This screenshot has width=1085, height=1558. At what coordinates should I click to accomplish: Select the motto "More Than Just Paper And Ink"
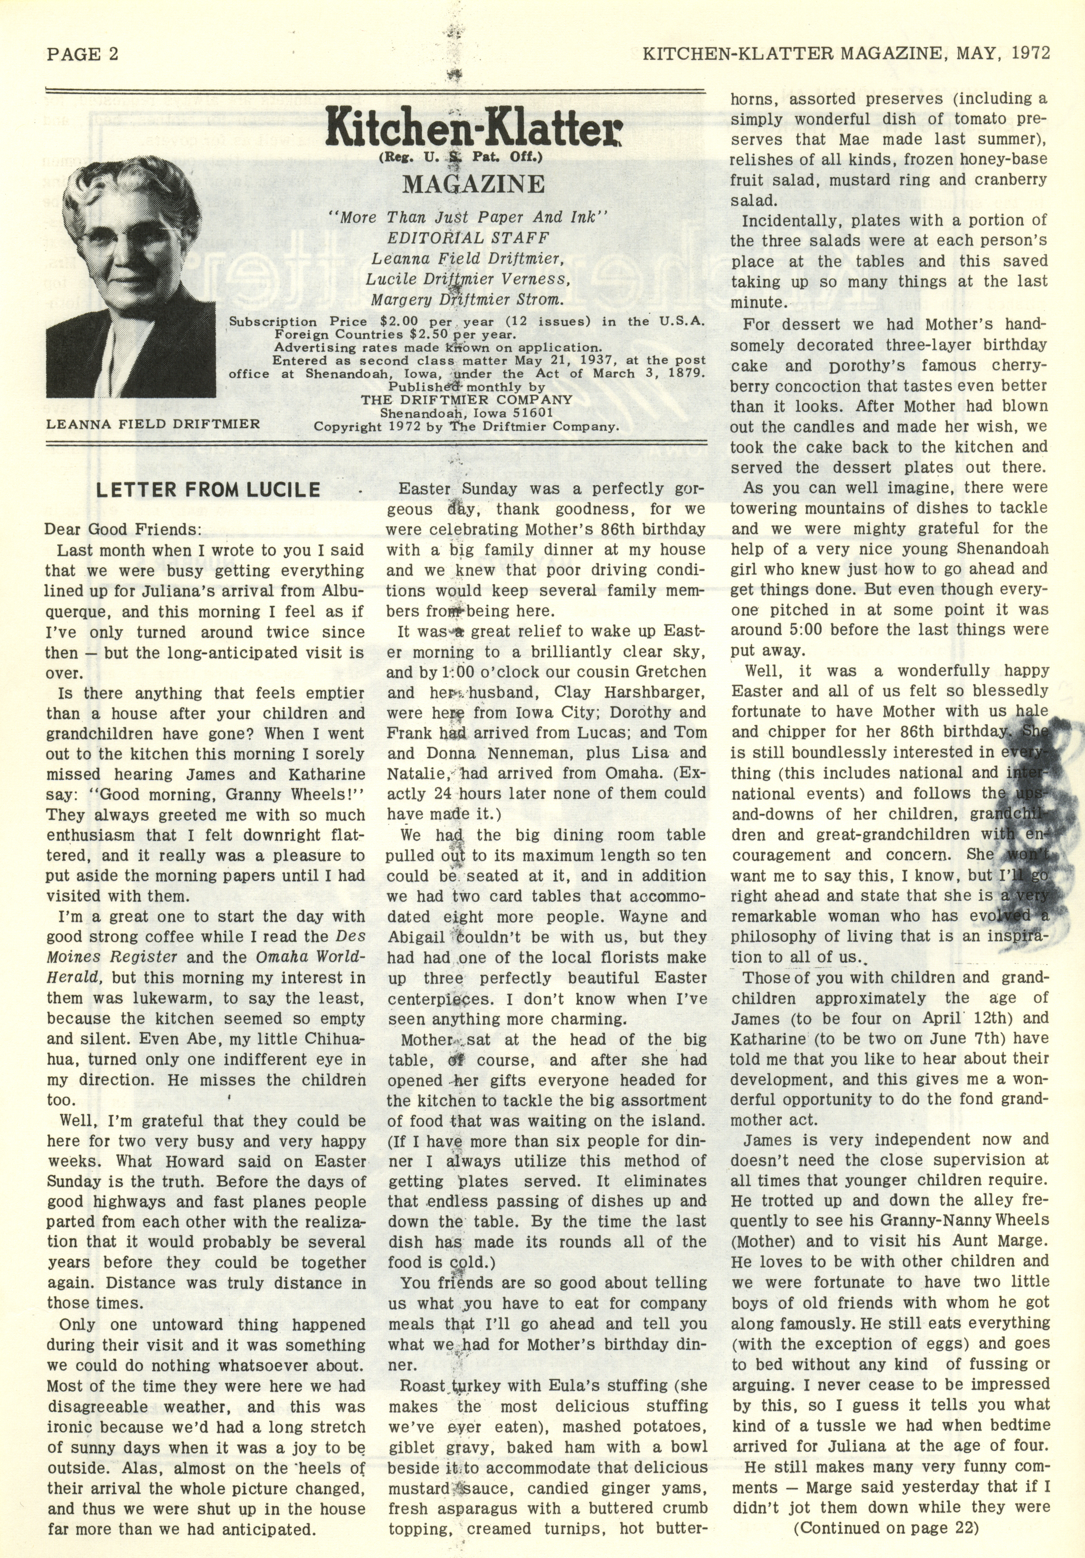coord(468,218)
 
